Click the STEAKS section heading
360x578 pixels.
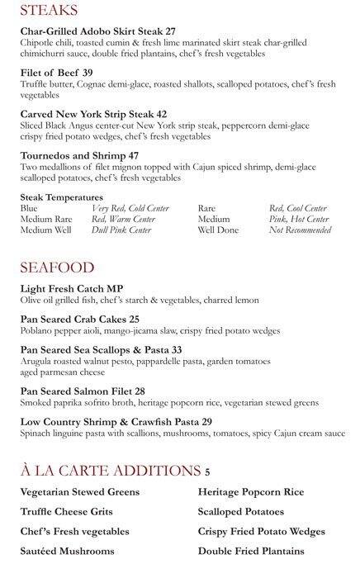[49, 10]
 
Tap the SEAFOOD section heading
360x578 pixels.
[57, 268]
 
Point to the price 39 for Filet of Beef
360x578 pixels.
[88, 73]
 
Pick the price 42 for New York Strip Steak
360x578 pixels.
[162, 114]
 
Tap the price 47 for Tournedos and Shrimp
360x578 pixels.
[133, 155]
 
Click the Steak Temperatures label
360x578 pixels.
[61, 197]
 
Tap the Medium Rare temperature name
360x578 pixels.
[45, 219]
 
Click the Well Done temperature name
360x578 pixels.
[218, 230]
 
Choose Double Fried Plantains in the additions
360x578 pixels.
[251, 551]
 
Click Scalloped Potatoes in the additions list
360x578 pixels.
[240, 511]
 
